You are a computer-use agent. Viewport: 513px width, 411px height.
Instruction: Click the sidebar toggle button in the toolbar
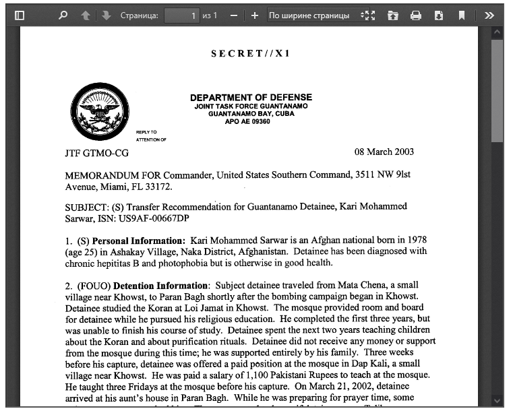point(19,15)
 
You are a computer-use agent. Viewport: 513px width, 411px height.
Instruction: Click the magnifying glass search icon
point(63,15)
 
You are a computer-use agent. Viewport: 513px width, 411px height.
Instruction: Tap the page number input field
point(181,15)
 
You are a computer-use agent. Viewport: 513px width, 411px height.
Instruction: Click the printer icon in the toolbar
point(416,15)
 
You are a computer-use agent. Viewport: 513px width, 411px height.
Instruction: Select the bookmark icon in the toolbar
point(462,15)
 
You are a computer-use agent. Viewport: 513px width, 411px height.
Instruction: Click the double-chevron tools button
point(490,15)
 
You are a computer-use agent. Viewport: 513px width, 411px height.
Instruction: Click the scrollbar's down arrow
point(497,400)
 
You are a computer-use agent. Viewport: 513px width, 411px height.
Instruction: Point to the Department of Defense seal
point(100,111)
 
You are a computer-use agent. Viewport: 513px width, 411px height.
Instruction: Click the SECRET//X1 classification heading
point(250,53)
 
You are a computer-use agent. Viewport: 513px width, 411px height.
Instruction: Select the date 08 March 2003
point(384,152)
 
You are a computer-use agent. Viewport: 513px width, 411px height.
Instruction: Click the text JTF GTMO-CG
point(96,153)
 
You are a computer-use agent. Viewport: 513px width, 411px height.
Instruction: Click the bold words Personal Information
point(138,241)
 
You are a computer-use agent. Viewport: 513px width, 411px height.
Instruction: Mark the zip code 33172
point(159,187)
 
